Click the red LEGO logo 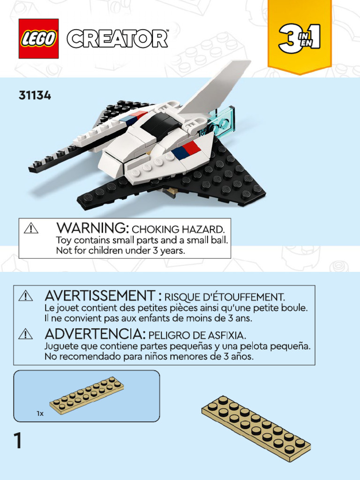tap(38, 38)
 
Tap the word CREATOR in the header tap(117, 38)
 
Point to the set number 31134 tap(35, 96)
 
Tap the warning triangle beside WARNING tap(31, 228)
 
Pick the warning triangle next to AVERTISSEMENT tap(25, 296)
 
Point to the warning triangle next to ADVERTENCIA tap(25, 334)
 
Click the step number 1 tap(18, 441)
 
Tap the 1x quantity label tap(40, 414)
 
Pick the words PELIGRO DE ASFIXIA tap(197, 335)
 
